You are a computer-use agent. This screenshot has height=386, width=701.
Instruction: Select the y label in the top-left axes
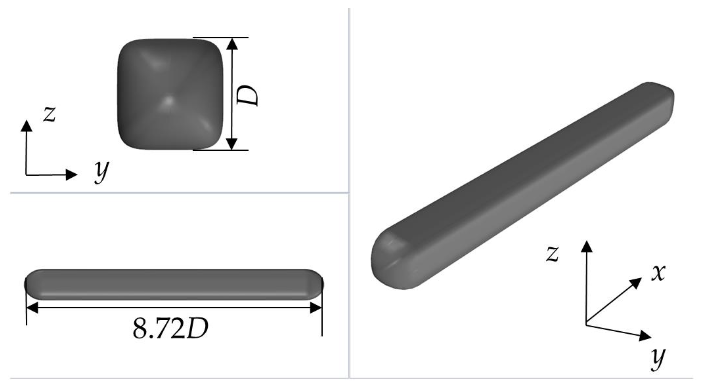(101, 172)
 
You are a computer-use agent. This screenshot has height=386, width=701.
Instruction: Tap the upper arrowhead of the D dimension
(232, 44)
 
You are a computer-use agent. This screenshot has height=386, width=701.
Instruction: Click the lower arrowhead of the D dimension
(232, 144)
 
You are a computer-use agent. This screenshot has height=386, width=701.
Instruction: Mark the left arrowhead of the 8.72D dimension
(32, 308)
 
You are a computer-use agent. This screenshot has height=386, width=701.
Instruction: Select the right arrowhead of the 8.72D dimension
(316, 308)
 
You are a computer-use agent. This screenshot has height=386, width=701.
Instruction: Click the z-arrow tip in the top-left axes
(26, 126)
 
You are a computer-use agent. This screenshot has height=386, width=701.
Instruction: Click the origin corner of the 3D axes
(586, 324)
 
